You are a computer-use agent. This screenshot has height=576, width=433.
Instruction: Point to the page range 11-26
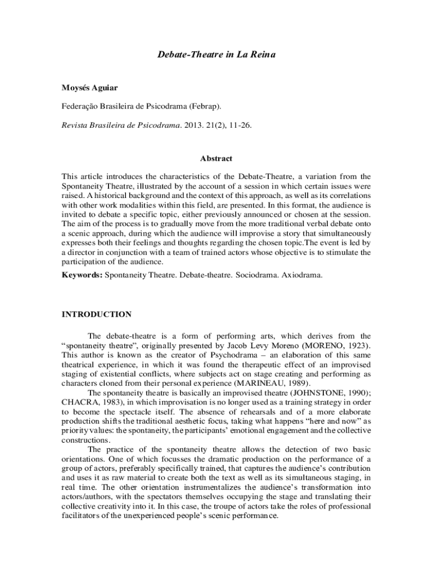(239, 125)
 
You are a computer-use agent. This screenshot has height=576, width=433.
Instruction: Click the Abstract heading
(216, 159)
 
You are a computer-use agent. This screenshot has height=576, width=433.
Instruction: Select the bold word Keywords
(81, 276)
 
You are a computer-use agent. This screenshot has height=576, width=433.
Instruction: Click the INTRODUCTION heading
(96, 314)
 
